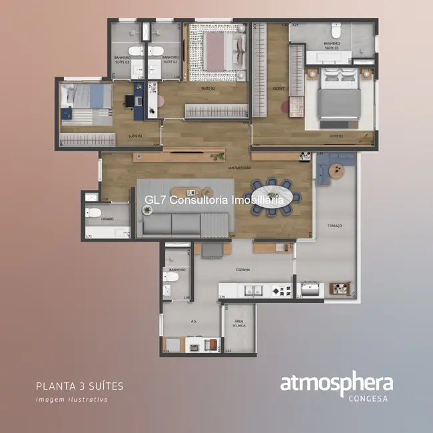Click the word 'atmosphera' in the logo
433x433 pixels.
tap(336, 384)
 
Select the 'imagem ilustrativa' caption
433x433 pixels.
tap(71, 400)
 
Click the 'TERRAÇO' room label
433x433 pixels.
tap(334, 226)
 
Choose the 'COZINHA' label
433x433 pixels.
tap(242, 270)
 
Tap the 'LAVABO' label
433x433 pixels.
tap(107, 218)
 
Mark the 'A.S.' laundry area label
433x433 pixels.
tap(193, 320)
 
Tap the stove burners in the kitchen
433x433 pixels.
tap(281, 290)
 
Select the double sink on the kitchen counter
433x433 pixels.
tap(254, 290)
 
